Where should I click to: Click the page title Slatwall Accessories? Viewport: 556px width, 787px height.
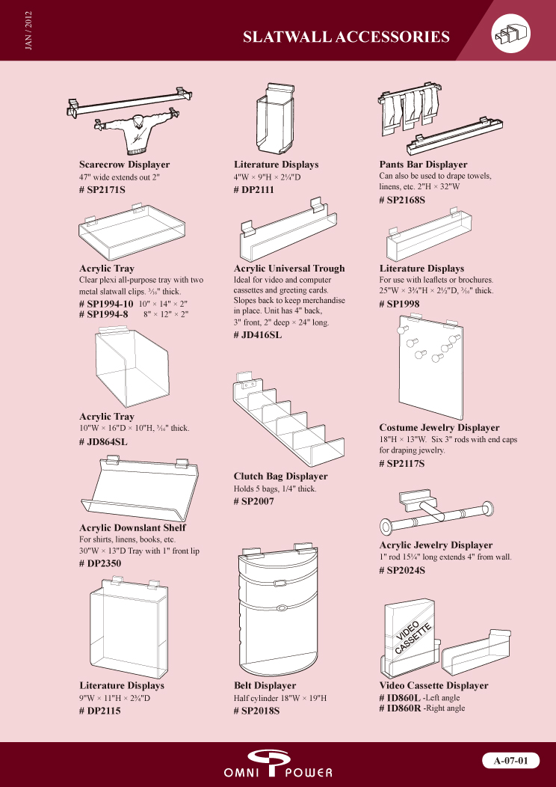tap(346, 37)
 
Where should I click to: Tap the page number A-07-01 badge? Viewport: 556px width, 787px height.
tap(511, 760)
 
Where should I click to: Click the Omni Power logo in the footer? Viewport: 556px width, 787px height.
tap(278, 763)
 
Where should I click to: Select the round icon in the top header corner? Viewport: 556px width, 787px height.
tap(511, 33)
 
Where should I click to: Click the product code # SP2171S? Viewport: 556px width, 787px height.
tap(102, 190)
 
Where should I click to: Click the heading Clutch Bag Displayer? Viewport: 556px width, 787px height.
tap(281, 477)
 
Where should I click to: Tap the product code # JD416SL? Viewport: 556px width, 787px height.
tap(258, 335)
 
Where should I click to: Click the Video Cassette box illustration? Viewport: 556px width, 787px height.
tap(409, 637)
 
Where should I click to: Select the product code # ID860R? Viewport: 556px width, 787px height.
tap(400, 708)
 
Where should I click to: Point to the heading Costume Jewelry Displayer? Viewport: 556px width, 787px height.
tap(439, 428)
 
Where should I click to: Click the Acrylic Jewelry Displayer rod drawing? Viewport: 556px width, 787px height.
tap(438, 516)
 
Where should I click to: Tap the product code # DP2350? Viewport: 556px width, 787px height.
tap(100, 563)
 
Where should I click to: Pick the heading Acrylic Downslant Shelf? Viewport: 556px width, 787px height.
tap(132, 528)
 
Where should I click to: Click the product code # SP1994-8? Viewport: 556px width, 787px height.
tap(104, 314)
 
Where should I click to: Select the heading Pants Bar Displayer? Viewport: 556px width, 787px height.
tap(423, 165)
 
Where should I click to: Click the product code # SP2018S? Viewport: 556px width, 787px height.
tap(256, 711)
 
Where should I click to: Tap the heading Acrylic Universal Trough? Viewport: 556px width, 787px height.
tap(288, 269)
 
